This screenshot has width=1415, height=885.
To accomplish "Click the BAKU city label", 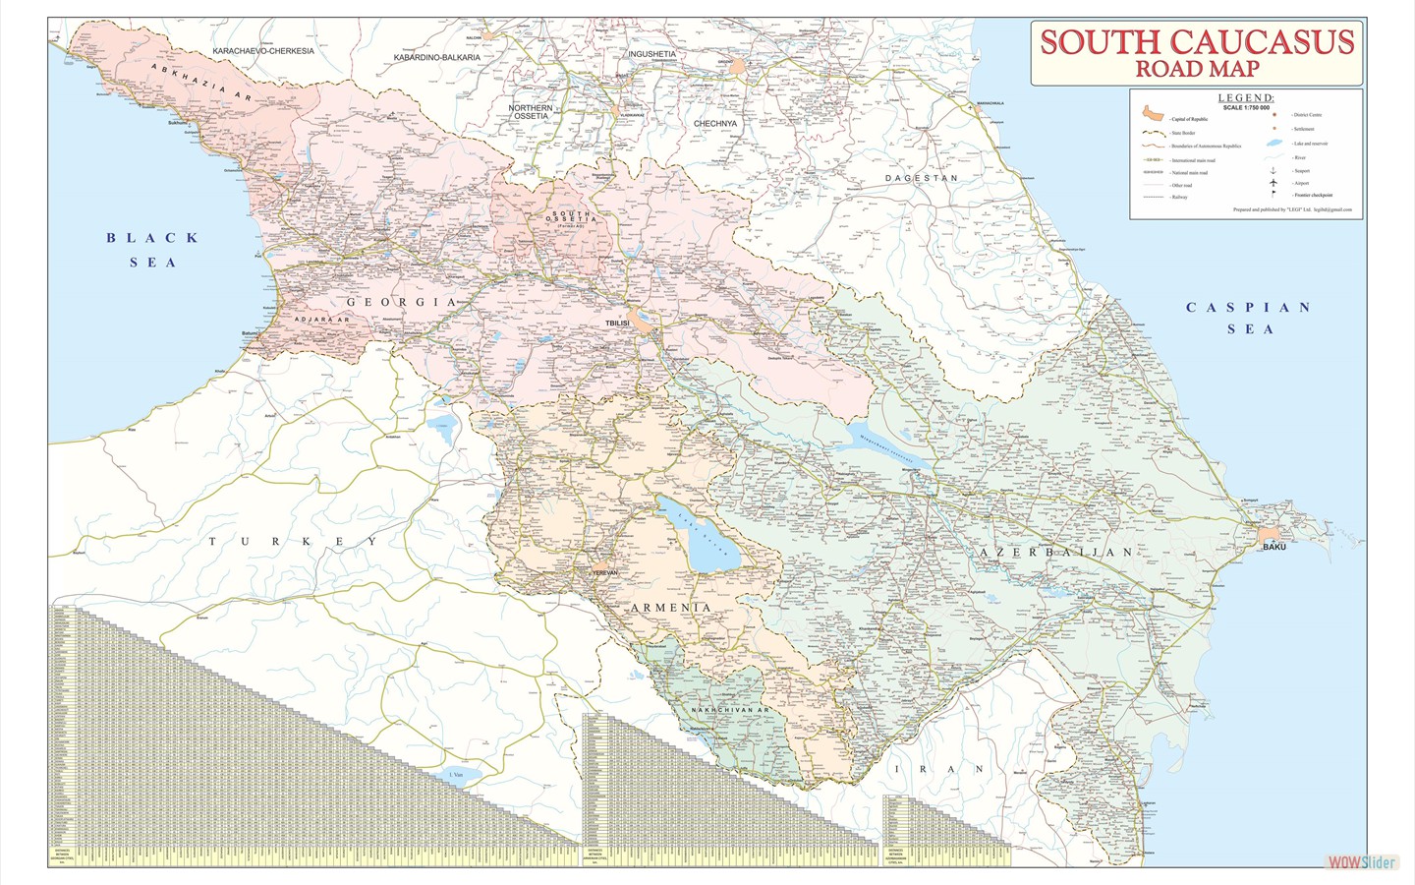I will tap(1273, 547).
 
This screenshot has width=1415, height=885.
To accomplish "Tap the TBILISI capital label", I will tap(617, 324).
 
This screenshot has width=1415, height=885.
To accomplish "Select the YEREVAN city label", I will tap(604, 571).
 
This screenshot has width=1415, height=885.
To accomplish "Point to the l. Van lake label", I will tap(455, 776).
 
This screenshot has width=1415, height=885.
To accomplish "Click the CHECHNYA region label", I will tap(714, 124).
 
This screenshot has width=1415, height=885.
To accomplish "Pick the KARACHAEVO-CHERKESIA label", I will tap(263, 51).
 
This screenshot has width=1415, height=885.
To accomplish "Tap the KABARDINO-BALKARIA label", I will tap(437, 58).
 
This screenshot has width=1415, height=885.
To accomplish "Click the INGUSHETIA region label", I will tap(651, 54).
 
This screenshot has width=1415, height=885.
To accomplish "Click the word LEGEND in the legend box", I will tap(1246, 98).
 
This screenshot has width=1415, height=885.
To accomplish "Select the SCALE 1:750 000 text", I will tap(1246, 108).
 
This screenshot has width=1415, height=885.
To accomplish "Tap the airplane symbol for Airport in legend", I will tap(1273, 183).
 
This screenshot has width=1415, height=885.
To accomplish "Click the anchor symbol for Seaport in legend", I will tap(1273, 170).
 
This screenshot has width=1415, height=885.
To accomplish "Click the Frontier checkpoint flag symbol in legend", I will tap(1273, 195).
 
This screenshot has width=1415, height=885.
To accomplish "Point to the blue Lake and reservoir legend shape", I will tap(1274, 144).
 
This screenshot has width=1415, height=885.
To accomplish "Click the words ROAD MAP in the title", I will tap(1197, 69).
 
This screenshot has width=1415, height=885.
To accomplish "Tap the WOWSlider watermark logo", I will tap(1361, 862).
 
